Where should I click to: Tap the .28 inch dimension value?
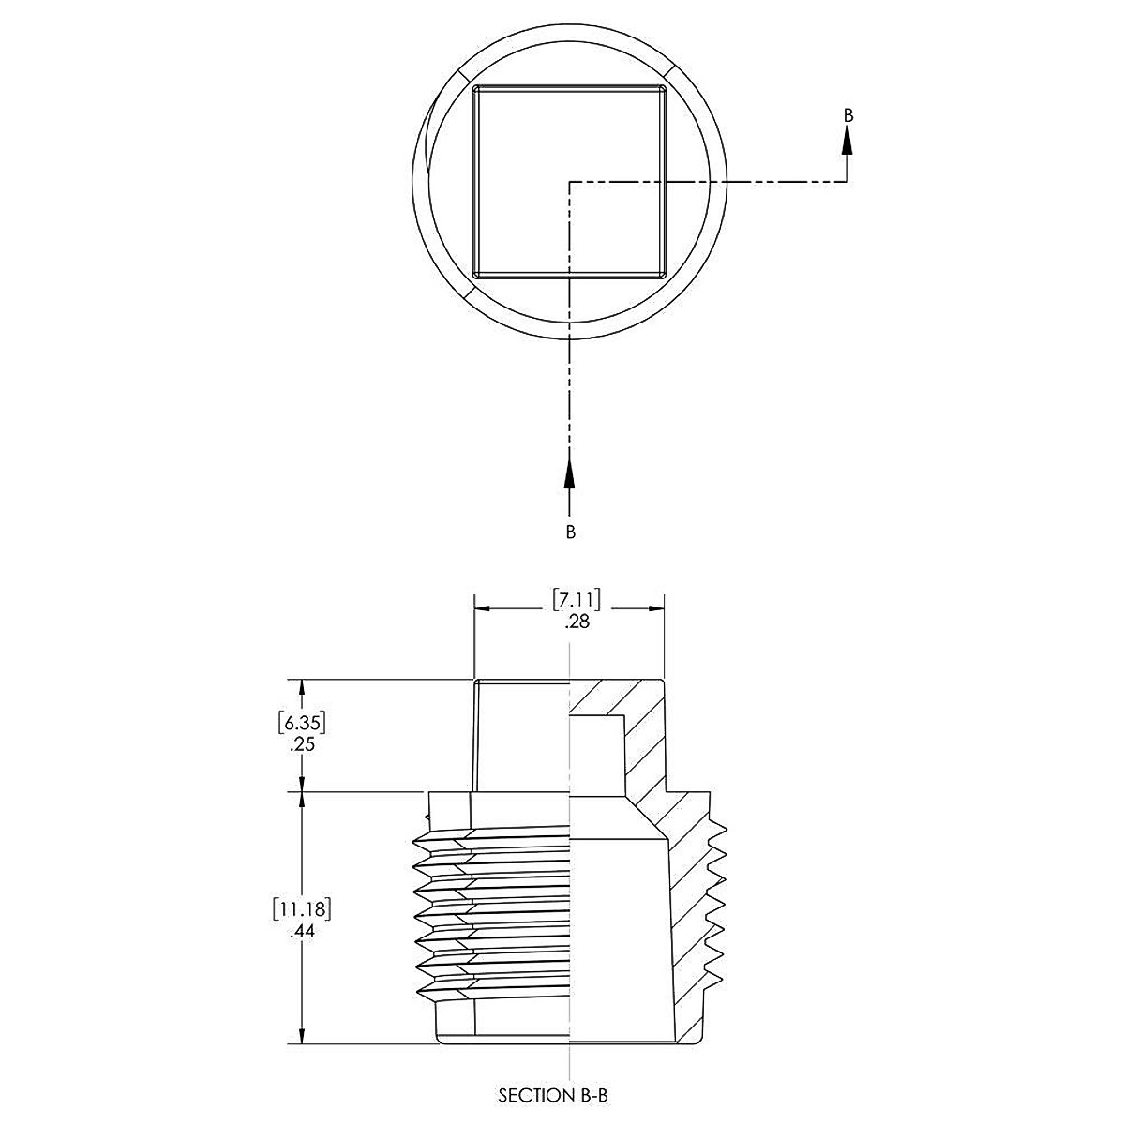point(577,621)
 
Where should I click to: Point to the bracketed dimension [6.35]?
point(301,723)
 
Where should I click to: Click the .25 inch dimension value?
point(301,747)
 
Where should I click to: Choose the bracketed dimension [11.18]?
point(301,908)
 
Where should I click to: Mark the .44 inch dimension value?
point(301,933)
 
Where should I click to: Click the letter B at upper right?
point(848,115)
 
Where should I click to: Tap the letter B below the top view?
point(570,532)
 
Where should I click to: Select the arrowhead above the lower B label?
point(569,473)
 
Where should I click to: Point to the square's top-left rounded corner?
point(477,90)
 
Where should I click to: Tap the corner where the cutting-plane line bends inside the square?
point(570,182)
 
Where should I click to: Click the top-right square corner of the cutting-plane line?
point(847,181)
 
